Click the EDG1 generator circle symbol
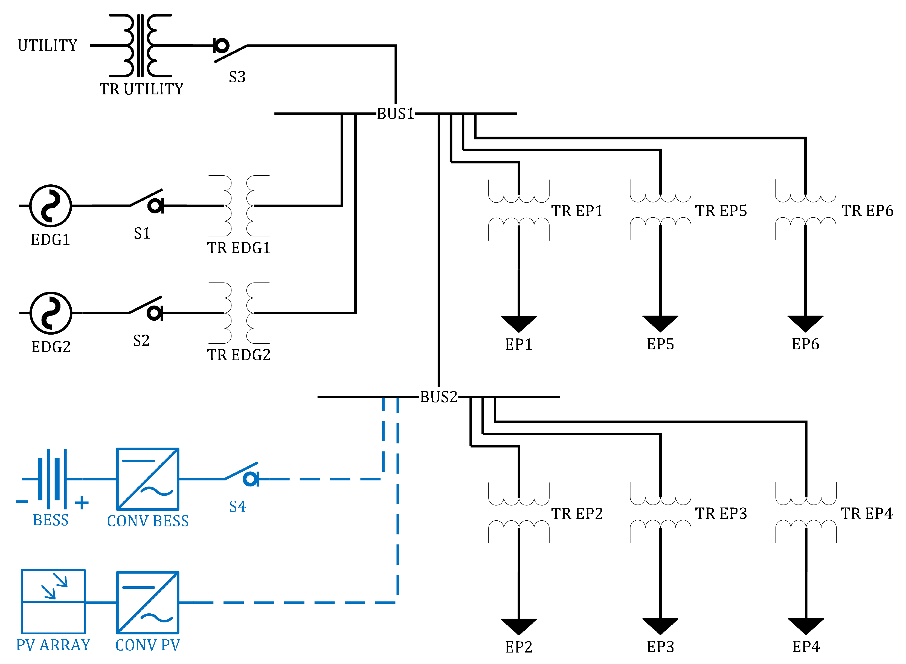point(51,206)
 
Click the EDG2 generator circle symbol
point(51,313)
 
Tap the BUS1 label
point(395,114)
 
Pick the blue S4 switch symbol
point(243,474)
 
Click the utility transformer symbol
point(140,45)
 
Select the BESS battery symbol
point(51,479)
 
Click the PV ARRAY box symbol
point(53,601)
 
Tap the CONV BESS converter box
point(147,479)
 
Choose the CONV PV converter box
point(147,602)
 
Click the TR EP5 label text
point(721,211)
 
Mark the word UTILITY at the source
point(47,45)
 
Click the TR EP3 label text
point(721,513)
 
